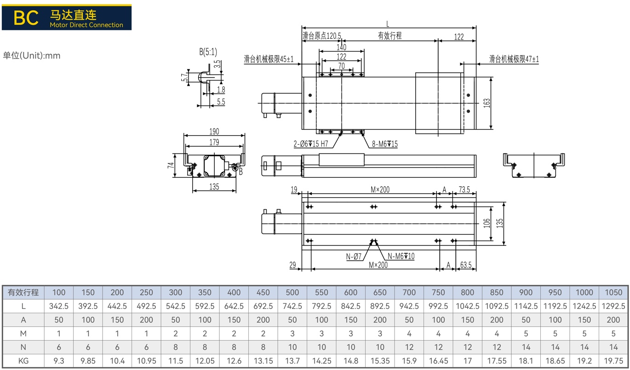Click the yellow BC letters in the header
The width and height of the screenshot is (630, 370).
pyautogui.click(x=26, y=18)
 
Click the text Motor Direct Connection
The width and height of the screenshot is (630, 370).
pyautogui.click(x=86, y=25)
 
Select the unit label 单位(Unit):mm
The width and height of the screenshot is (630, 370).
pyautogui.click(x=31, y=56)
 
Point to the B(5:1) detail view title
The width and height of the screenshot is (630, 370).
pyautogui.click(x=208, y=52)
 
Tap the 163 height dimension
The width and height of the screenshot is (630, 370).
pyautogui.click(x=487, y=103)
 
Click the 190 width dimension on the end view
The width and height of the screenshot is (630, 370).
pyautogui.click(x=214, y=131)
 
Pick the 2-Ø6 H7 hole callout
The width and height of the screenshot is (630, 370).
pyautogui.click(x=311, y=144)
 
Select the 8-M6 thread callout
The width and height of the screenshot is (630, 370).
pyautogui.click(x=385, y=144)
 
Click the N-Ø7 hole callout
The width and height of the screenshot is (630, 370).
pyautogui.click(x=354, y=256)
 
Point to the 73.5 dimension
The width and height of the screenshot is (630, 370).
pyautogui.click(x=464, y=189)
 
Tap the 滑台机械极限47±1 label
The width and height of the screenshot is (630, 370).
pyautogui.click(x=514, y=59)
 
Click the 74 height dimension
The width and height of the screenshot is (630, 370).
pyautogui.click(x=171, y=165)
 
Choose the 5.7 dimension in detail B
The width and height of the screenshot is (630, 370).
pyautogui.click(x=184, y=77)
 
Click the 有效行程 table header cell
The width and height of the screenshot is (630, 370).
pyautogui.click(x=23, y=292)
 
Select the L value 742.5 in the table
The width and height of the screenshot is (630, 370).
pyautogui.click(x=292, y=306)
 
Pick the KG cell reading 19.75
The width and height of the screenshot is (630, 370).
pyautogui.click(x=613, y=360)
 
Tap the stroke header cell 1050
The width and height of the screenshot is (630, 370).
pyautogui.click(x=613, y=292)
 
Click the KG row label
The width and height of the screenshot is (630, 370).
pyautogui.click(x=23, y=360)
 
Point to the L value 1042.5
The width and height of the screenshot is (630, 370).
pyautogui.click(x=467, y=306)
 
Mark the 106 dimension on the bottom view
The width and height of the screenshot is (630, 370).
pyautogui.click(x=487, y=223)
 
